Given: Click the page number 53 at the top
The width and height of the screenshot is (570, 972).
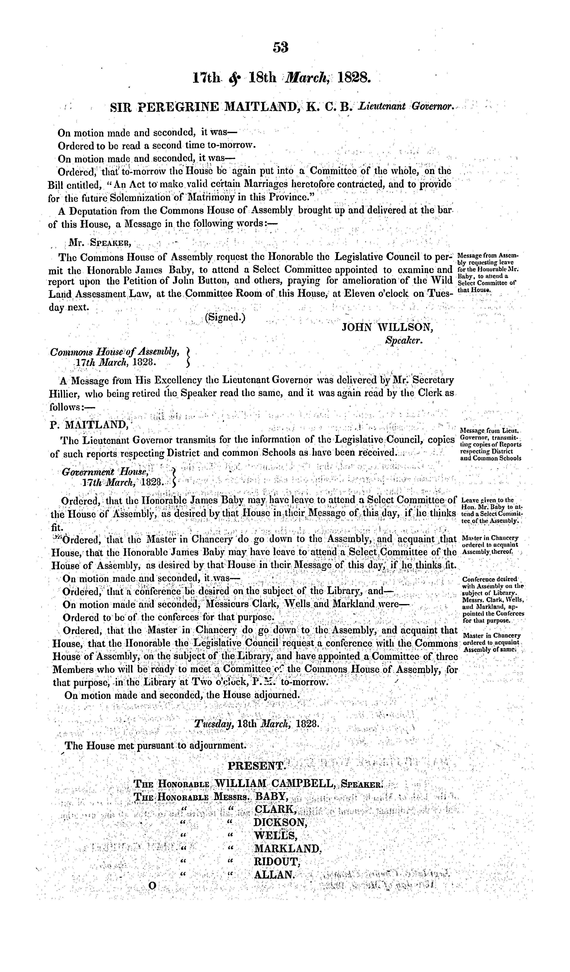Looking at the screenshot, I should [x=281, y=47].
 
